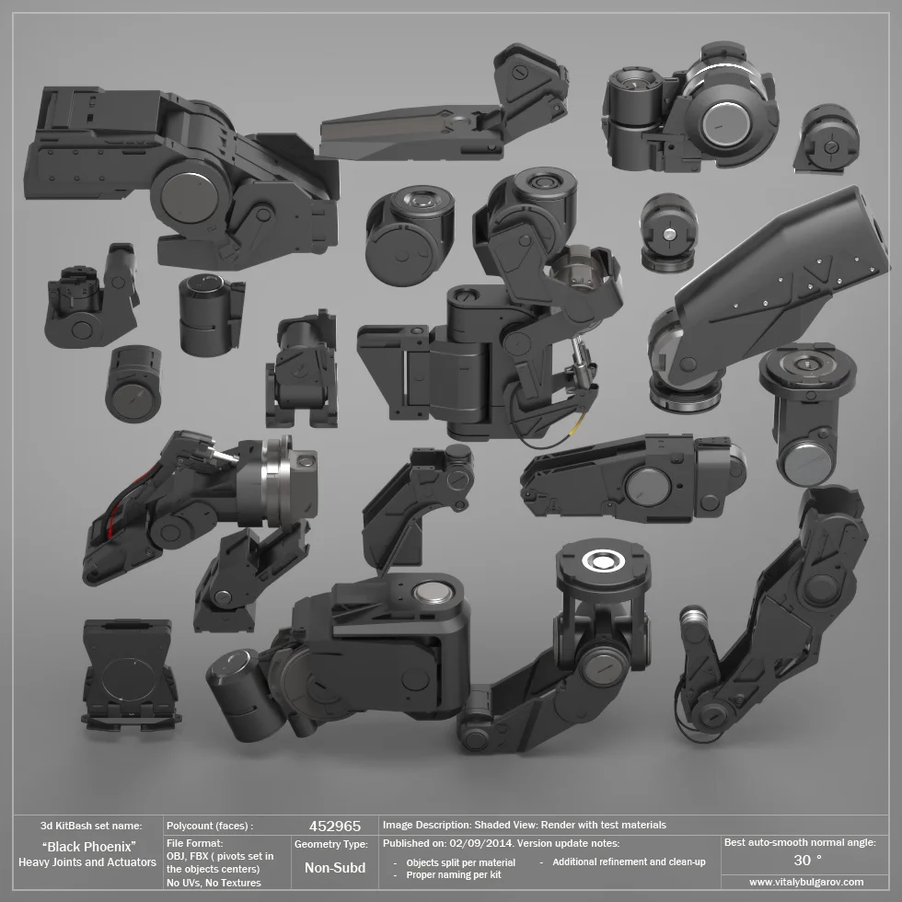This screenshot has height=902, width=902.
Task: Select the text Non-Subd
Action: point(335,868)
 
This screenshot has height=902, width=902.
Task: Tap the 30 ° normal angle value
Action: point(807,860)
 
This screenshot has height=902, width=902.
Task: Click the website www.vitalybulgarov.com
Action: point(806,882)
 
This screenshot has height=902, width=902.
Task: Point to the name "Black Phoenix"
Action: point(89,846)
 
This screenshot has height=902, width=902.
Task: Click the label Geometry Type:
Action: point(331,844)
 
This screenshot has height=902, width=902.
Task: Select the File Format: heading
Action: point(195,842)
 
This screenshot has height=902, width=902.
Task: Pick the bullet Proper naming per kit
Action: point(454,874)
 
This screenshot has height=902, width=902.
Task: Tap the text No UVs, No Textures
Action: point(214,883)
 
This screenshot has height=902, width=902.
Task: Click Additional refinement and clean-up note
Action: point(629,862)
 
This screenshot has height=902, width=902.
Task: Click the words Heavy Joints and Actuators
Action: point(87,862)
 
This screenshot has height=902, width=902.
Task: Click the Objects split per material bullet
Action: point(460,862)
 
